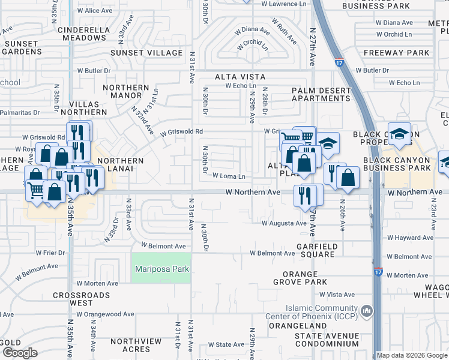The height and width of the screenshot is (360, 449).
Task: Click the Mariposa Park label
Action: [x=162, y=269]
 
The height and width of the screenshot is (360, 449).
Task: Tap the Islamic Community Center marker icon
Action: [x=367, y=311]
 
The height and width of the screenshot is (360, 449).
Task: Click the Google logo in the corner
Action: [x=20, y=353]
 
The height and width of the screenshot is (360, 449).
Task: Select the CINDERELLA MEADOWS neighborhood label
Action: [x=82, y=32]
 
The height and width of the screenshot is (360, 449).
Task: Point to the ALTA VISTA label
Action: [x=240, y=77]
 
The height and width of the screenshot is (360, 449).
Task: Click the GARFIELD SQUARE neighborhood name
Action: [x=317, y=250]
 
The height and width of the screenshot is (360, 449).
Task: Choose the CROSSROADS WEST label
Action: [x=82, y=299]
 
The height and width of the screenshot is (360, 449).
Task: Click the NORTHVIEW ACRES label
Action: [x=136, y=345]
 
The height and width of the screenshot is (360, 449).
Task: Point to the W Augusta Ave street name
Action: [x=284, y=223]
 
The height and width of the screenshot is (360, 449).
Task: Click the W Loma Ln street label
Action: [x=229, y=176]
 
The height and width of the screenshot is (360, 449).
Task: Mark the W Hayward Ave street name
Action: [x=411, y=238]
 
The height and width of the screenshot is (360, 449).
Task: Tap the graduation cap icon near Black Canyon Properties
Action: [x=399, y=134]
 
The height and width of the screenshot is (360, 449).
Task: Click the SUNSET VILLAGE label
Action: [x=146, y=53]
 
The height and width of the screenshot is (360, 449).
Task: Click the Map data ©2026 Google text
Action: [x=411, y=355]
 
